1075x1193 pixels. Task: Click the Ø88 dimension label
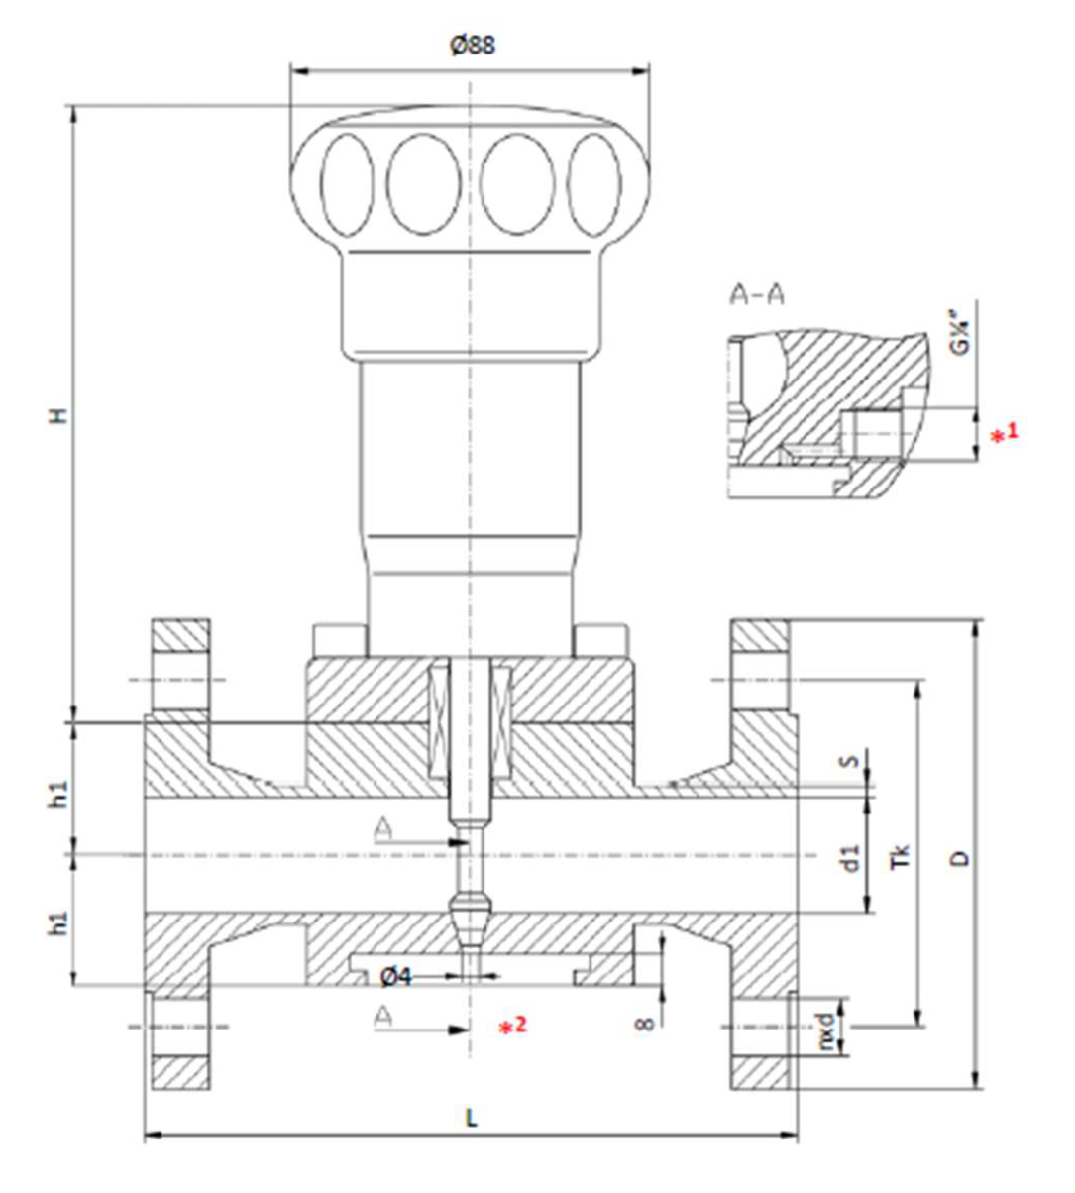point(471,46)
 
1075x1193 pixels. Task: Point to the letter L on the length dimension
point(472,1118)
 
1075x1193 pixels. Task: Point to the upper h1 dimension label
point(60,793)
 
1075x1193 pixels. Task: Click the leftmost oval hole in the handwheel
point(347,183)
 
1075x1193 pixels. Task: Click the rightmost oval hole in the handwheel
point(594,183)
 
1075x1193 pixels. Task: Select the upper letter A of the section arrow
point(383,829)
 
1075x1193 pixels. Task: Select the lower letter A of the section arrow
point(383,1016)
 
